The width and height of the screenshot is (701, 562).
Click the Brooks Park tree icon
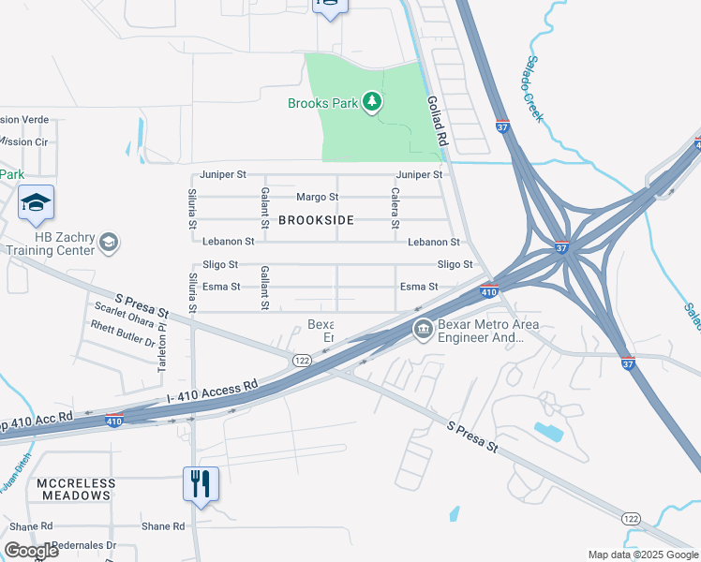372,101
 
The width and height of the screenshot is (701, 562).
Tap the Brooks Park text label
322,103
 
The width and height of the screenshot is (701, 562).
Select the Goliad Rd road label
437,120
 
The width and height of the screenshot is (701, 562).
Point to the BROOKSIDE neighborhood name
316,220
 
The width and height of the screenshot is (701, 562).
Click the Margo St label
317,198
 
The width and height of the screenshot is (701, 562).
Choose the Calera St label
395,211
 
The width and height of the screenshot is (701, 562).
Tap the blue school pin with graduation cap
36,203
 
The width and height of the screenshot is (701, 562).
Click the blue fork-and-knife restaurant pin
200,484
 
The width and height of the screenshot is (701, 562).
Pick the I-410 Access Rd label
213,392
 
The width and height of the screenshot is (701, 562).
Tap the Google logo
31,551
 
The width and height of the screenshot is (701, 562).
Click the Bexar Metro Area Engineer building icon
424,329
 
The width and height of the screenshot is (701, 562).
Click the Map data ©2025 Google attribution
642,555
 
